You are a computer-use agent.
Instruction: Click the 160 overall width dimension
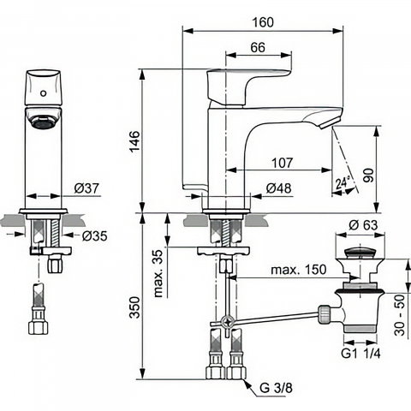click(263, 22)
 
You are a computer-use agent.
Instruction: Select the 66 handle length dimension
click(258, 47)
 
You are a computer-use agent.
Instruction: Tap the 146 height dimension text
click(135, 141)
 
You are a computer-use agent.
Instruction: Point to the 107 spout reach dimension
click(282, 163)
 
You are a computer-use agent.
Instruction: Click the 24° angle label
click(342, 182)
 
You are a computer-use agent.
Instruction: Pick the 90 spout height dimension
click(368, 176)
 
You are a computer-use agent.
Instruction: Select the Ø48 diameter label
click(278, 188)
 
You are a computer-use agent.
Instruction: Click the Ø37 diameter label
click(86, 188)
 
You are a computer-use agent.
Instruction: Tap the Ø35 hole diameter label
click(95, 236)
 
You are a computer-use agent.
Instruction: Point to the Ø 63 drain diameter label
click(363, 225)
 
